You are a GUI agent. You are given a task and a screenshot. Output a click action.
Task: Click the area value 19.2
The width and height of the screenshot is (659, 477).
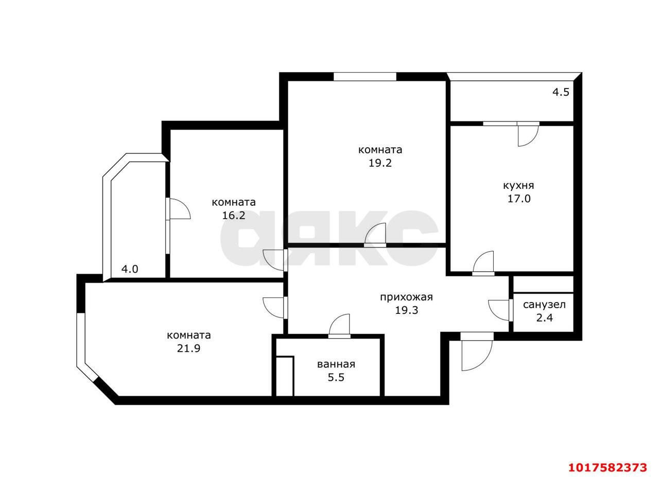click(x=380, y=163)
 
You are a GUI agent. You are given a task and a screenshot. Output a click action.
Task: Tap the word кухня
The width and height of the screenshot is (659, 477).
click(x=518, y=186)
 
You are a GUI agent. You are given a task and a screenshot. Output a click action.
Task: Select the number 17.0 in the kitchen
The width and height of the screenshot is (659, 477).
click(x=519, y=199)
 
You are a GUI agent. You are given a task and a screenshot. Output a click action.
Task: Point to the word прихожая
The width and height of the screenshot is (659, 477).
click(x=406, y=297)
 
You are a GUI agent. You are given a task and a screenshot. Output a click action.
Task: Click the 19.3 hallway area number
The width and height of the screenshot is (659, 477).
click(x=406, y=310)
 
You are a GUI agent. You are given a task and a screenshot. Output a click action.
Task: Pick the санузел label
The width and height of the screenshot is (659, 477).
click(x=544, y=305)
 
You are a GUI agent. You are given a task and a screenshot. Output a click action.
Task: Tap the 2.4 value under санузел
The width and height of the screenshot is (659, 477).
click(x=544, y=318)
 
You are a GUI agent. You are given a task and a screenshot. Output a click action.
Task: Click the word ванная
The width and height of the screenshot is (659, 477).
click(x=336, y=364)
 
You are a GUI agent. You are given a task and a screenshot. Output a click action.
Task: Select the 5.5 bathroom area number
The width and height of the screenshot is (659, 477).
click(x=336, y=377)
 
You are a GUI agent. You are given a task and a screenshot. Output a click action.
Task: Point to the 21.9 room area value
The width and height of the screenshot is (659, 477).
click(x=188, y=348)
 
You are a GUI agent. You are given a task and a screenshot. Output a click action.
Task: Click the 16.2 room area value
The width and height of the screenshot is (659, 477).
click(x=234, y=216)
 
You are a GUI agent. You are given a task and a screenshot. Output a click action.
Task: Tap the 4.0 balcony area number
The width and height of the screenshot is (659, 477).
click(x=130, y=270)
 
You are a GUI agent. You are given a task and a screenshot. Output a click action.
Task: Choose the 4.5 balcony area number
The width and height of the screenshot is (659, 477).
click(x=561, y=92)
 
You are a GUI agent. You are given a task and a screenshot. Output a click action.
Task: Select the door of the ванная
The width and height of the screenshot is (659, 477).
click(x=339, y=326)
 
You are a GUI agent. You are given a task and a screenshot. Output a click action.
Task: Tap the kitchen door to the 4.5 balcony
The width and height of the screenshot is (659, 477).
click(x=528, y=134)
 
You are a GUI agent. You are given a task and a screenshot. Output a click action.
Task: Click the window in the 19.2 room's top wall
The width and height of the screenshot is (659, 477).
click(x=365, y=77)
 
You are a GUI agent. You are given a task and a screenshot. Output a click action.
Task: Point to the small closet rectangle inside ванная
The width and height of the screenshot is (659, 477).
click(x=285, y=377)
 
